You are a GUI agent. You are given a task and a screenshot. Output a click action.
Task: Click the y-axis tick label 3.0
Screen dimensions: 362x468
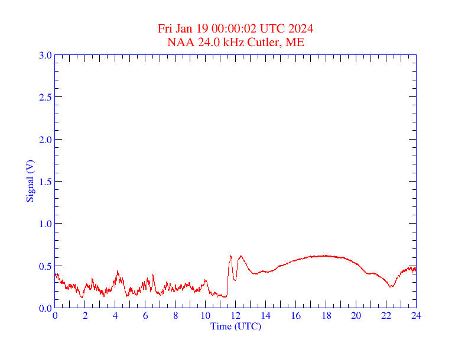point(45,55)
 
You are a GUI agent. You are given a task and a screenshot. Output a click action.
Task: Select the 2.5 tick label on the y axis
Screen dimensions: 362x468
point(45,97)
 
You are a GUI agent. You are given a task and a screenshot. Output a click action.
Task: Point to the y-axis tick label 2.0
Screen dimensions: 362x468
point(45,140)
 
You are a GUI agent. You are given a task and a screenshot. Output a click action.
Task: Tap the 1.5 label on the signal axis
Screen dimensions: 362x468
point(45,182)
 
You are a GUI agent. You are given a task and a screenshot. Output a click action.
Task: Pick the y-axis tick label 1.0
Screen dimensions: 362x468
point(45,224)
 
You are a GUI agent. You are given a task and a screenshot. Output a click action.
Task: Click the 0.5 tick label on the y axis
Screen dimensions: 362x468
point(45,266)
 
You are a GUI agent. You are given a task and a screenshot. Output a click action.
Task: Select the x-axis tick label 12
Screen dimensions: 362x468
point(236,316)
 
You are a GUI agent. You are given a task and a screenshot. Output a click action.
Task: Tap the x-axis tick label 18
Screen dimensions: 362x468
point(326,316)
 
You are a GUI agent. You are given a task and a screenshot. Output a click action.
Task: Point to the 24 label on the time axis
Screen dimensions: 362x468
point(416,316)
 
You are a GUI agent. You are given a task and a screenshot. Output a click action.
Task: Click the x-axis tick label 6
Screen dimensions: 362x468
point(145,316)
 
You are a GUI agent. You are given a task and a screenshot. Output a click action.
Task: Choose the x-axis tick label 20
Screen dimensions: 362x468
point(356,316)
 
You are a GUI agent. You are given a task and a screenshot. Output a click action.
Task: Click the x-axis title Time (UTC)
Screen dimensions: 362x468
point(235,326)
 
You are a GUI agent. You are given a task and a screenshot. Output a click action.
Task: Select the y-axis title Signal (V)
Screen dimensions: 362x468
point(30,182)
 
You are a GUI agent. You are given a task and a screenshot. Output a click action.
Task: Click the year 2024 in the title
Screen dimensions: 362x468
point(301,29)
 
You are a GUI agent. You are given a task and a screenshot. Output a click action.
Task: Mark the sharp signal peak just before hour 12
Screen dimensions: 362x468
point(230,256)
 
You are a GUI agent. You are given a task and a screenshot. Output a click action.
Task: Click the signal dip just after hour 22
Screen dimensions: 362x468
point(391,287)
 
